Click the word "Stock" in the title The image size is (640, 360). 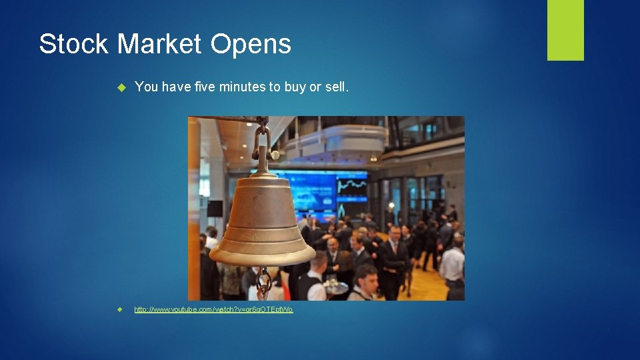pyautogui.click(x=74, y=45)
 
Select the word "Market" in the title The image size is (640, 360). pyautogui.click(x=159, y=45)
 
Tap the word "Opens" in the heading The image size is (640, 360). pyautogui.click(x=251, y=45)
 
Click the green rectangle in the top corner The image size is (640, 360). pyautogui.click(x=565, y=29)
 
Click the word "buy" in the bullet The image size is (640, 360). pyautogui.click(x=294, y=87)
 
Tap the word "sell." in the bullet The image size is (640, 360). pyautogui.click(x=335, y=87)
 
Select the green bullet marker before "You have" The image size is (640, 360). pyautogui.click(x=121, y=87)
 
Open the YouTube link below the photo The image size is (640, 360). pyautogui.click(x=213, y=310)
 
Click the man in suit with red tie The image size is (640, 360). pyautogui.click(x=393, y=257)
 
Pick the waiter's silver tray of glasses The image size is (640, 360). pyautogui.click(x=336, y=287)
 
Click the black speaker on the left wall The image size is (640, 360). pyautogui.click(x=215, y=208)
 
